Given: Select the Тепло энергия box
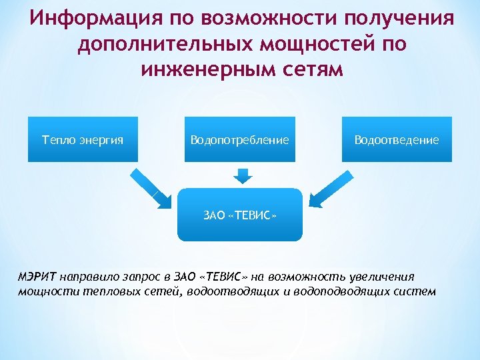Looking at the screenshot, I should [83, 139].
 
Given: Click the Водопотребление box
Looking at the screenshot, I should [239, 139].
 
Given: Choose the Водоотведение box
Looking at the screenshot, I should [397, 139].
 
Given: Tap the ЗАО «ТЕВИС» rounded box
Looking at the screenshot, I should [239, 215].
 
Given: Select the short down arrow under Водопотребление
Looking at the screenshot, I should [243, 175].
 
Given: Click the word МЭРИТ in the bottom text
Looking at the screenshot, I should [38, 277].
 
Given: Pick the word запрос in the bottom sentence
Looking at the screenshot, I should [143, 277].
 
